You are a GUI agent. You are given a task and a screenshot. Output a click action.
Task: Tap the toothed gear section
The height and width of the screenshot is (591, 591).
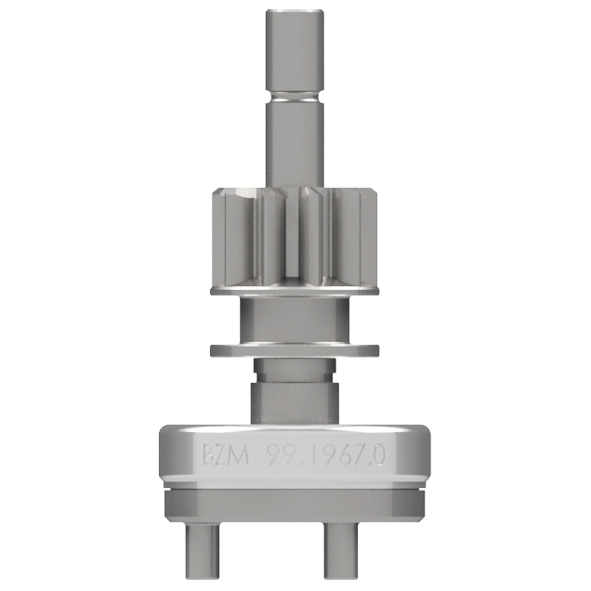pyautogui.click(x=295, y=237)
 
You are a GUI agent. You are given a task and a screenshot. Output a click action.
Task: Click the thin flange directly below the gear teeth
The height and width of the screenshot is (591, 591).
pyautogui.click(x=295, y=291)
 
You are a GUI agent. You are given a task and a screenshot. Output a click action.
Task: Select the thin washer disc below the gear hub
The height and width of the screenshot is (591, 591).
pyautogui.click(x=295, y=350)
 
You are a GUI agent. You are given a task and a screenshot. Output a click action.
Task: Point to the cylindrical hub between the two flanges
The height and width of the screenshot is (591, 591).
pyautogui.click(x=295, y=320)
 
